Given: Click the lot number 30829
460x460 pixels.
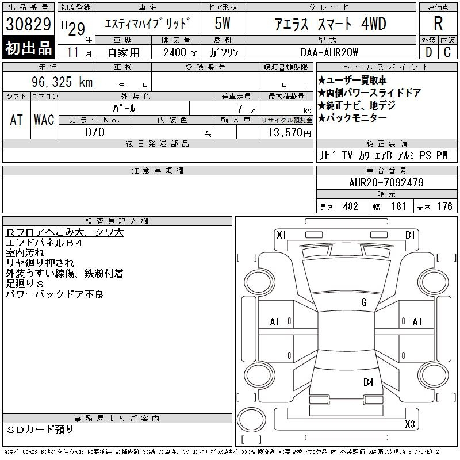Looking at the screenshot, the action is (x=28, y=24).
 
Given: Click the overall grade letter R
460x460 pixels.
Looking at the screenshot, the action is (x=438, y=24).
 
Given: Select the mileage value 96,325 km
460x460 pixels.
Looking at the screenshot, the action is (x=62, y=82).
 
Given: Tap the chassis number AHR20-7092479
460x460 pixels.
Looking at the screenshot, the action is (x=386, y=182).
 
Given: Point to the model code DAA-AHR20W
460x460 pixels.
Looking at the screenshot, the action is (x=329, y=52).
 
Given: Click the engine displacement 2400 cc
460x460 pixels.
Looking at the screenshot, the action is (x=180, y=53).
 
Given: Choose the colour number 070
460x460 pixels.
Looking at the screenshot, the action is (x=95, y=132).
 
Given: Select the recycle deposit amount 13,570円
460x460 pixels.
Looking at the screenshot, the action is (x=290, y=133).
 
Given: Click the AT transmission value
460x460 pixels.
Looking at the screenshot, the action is (x=17, y=120).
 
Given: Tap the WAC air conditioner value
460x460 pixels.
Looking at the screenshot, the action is (x=44, y=120).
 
